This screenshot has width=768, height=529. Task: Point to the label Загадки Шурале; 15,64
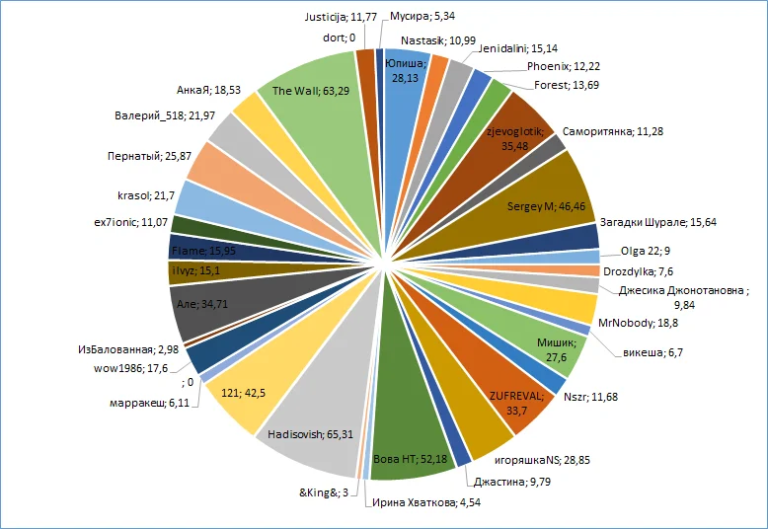[x=659, y=222]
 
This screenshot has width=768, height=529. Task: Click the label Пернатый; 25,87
[x=148, y=155]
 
